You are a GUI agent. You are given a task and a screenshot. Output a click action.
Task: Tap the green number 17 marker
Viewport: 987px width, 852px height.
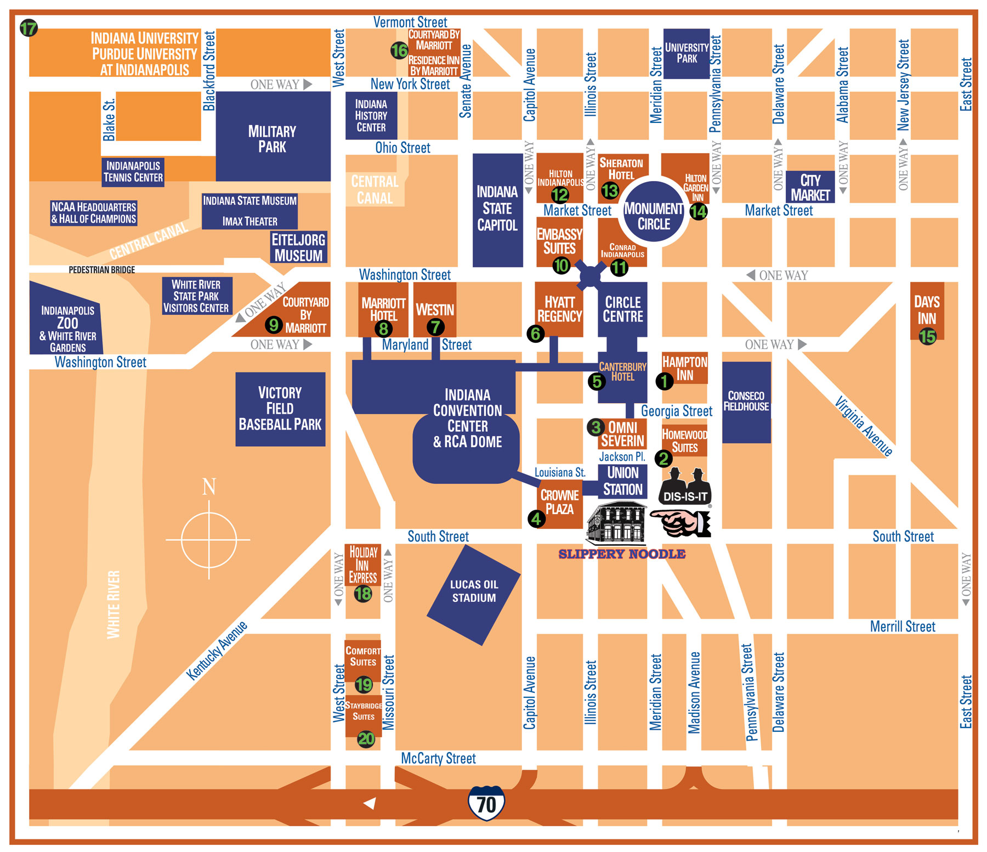click(29, 28)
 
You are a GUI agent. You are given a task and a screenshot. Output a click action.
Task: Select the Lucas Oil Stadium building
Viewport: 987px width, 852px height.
click(474, 595)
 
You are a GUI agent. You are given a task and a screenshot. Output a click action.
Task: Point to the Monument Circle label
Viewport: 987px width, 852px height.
click(654, 216)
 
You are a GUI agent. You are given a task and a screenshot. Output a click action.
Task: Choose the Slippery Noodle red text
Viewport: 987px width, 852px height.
click(622, 554)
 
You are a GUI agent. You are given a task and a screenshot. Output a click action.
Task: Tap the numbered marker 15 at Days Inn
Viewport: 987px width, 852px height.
click(927, 336)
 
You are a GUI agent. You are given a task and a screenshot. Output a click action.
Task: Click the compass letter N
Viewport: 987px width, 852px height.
click(209, 487)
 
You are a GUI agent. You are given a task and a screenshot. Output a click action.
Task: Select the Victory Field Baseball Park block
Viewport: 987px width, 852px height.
click(280, 409)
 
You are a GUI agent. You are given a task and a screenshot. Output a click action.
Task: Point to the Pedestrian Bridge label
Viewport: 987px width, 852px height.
click(101, 269)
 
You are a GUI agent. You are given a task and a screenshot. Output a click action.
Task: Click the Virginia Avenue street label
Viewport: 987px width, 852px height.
click(864, 426)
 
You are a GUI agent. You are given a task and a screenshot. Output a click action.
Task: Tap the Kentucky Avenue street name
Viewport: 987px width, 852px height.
click(217, 651)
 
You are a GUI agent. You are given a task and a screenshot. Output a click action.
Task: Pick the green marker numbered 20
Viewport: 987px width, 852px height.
click(366, 739)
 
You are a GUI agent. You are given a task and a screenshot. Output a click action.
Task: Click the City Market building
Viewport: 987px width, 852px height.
click(810, 187)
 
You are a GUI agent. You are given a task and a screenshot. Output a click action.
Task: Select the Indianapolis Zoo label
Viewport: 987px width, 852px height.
click(67, 328)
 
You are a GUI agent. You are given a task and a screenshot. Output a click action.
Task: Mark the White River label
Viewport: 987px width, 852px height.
click(113, 605)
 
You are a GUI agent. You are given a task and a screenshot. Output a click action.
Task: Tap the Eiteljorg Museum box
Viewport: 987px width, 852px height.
click(299, 247)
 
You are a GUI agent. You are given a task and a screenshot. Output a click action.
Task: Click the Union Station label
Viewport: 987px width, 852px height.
click(623, 481)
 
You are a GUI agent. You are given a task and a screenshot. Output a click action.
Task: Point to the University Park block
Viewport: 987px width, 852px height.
click(687, 53)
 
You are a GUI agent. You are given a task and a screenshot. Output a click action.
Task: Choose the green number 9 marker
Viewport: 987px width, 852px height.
click(274, 325)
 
